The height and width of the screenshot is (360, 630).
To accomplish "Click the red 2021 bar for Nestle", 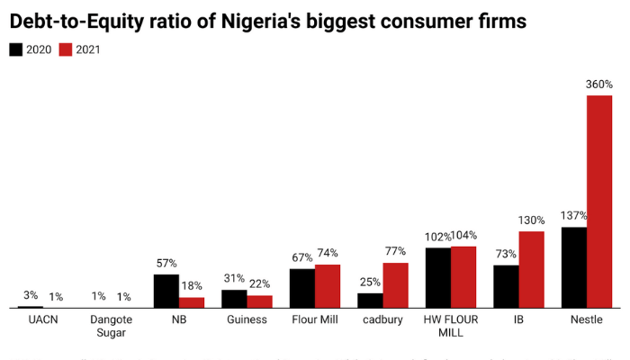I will [x=599, y=202].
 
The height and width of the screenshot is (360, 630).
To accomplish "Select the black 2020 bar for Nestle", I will [x=574, y=267].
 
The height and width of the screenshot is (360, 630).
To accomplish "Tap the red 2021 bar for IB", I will [x=531, y=269].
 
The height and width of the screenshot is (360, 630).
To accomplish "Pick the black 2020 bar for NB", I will [x=166, y=291].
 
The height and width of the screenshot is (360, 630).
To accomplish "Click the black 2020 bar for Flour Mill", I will [x=302, y=288].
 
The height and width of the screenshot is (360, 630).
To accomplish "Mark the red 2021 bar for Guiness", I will [x=260, y=301].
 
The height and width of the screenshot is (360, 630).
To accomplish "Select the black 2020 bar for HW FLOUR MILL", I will [x=438, y=277].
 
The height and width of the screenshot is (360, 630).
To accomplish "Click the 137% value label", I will [x=573, y=216].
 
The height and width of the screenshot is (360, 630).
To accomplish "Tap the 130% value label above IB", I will [x=531, y=220].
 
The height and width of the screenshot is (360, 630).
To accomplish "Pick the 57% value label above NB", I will [x=166, y=264].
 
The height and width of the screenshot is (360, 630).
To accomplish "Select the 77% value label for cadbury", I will [x=396, y=252].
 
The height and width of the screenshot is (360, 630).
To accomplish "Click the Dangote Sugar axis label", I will [x=111, y=326].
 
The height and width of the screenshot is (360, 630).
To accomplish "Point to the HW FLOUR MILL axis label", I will [x=451, y=326].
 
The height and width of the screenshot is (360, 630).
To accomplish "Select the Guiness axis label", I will [x=247, y=319].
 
